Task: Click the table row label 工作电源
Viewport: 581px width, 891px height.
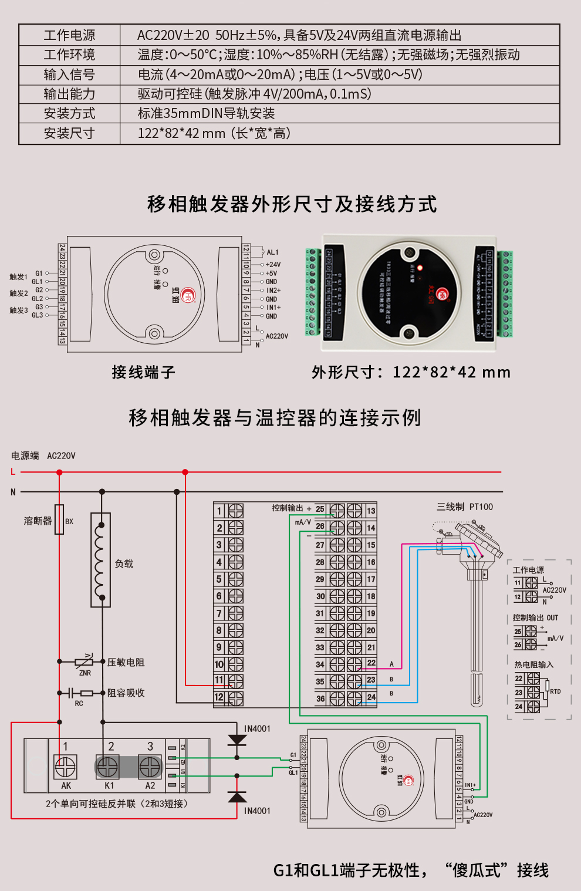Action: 69,35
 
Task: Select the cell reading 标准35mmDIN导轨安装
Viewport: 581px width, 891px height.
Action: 206,113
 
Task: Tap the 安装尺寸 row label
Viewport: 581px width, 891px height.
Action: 69,133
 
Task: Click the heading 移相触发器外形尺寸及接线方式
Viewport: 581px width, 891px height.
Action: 292,204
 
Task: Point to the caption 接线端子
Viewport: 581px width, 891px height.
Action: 143,372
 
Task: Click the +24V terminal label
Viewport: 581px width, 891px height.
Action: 273,265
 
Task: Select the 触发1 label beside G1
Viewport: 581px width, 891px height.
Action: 18,277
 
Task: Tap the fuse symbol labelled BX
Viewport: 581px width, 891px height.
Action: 59,519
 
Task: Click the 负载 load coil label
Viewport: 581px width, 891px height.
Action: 124,563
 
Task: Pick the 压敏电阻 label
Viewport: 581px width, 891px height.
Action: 126,662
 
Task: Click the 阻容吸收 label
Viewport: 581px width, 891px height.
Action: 126,693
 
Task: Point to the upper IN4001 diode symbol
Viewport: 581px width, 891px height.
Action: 237,740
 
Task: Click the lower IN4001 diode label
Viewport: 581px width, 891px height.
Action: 257,811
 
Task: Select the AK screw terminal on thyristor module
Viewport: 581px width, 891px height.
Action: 65,767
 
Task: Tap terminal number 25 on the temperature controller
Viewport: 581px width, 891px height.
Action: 320,509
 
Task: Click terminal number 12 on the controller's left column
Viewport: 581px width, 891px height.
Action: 219,697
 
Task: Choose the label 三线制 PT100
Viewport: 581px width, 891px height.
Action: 465,507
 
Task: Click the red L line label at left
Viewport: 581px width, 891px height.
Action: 13,472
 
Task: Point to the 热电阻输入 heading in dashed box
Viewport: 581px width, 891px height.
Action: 533,664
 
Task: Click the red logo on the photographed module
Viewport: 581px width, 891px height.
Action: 442,294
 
